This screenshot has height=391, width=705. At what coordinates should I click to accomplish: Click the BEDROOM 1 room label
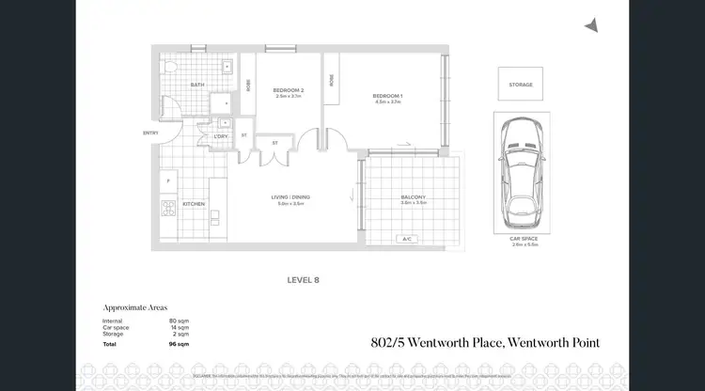pyautogui.click(x=386, y=96)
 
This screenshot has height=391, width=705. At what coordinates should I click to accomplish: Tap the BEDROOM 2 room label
pyautogui.click(x=288, y=91)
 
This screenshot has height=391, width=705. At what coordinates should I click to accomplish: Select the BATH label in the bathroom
pyautogui.click(x=197, y=85)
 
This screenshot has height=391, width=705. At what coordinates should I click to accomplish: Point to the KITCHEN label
pyautogui.click(x=193, y=203)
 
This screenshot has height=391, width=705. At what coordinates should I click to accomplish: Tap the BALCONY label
pyautogui.click(x=414, y=197)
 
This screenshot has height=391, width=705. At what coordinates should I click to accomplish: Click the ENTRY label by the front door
pyautogui.click(x=150, y=133)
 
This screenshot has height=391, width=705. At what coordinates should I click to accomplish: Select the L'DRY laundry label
pyautogui.click(x=221, y=137)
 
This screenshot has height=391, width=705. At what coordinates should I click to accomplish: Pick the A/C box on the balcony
pyautogui.click(x=408, y=239)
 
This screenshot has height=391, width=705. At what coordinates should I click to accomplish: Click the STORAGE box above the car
pyautogui.click(x=521, y=85)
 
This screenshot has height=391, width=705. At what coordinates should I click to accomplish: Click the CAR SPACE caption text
pyautogui.click(x=521, y=239)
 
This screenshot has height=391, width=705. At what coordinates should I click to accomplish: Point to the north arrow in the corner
pyautogui.click(x=591, y=25)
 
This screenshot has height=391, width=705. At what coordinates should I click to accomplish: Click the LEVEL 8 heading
pyautogui.click(x=305, y=279)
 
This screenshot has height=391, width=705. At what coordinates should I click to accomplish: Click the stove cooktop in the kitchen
pyautogui.click(x=168, y=208)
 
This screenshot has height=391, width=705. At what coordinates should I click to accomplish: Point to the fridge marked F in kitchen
pyautogui.click(x=168, y=180)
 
